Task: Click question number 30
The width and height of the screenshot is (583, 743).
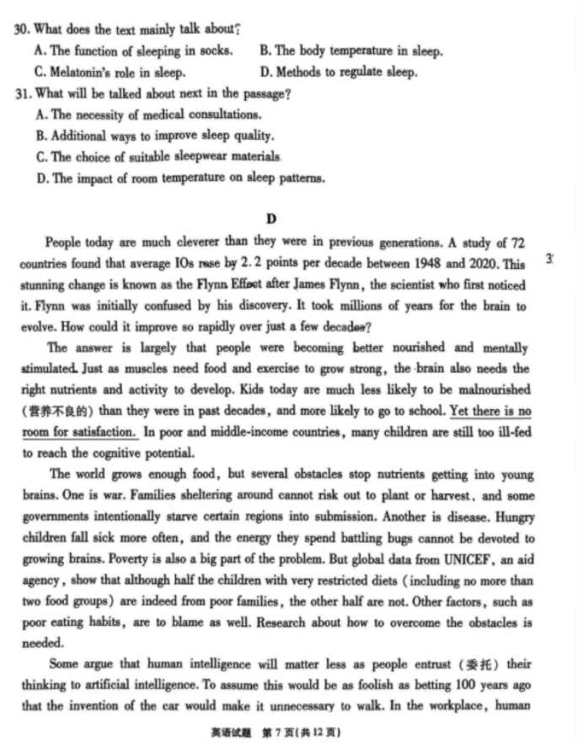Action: [x=23, y=29]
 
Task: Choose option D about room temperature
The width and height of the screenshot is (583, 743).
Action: [x=181, y=177]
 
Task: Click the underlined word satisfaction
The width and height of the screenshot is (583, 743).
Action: [x=96, y=433]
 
